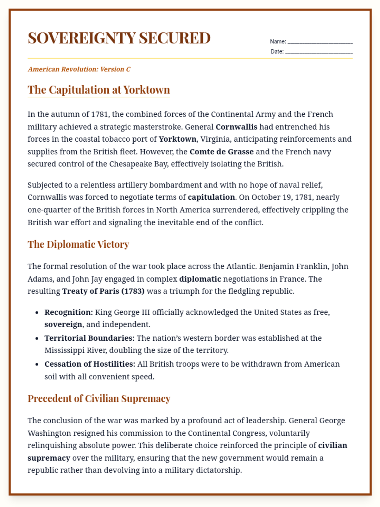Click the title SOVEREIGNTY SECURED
119,38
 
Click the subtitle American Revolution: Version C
79,69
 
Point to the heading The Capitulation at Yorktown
99,90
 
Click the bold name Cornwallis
236,127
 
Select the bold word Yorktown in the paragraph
177,139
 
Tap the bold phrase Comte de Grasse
221,152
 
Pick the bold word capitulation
211,197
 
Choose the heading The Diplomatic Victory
78,244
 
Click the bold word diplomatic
200,279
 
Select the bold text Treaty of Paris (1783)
103,291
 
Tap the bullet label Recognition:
69,312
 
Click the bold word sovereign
63,325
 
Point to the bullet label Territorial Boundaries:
89,338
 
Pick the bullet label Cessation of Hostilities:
90,364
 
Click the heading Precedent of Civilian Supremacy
99,399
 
